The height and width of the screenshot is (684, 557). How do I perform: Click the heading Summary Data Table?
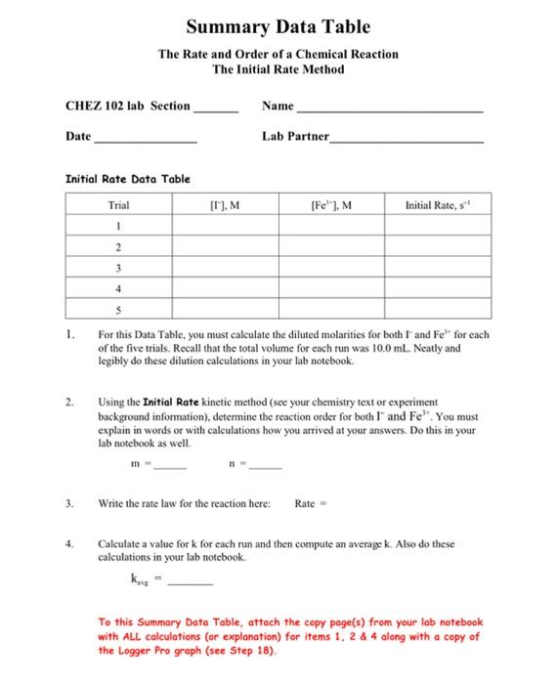tap(278, 26)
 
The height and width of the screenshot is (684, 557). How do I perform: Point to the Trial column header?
tap(119, 205)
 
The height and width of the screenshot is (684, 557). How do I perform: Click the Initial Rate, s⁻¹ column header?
tap(436, 205)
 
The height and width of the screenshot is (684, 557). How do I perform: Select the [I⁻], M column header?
tap(227, 205)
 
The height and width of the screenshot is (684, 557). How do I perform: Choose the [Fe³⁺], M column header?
tap(331, 205)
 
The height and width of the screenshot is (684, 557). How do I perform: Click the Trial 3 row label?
tap(119, 268)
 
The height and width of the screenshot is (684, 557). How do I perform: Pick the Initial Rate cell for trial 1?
tap(436, 226)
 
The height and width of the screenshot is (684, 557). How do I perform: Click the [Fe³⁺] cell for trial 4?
tap(331, 289)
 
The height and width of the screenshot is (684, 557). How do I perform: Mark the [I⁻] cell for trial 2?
tap(227, 247)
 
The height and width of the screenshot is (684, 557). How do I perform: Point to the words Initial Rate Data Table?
tap(127, 179)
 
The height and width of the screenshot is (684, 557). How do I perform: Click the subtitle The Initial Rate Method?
tap(278, 69)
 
